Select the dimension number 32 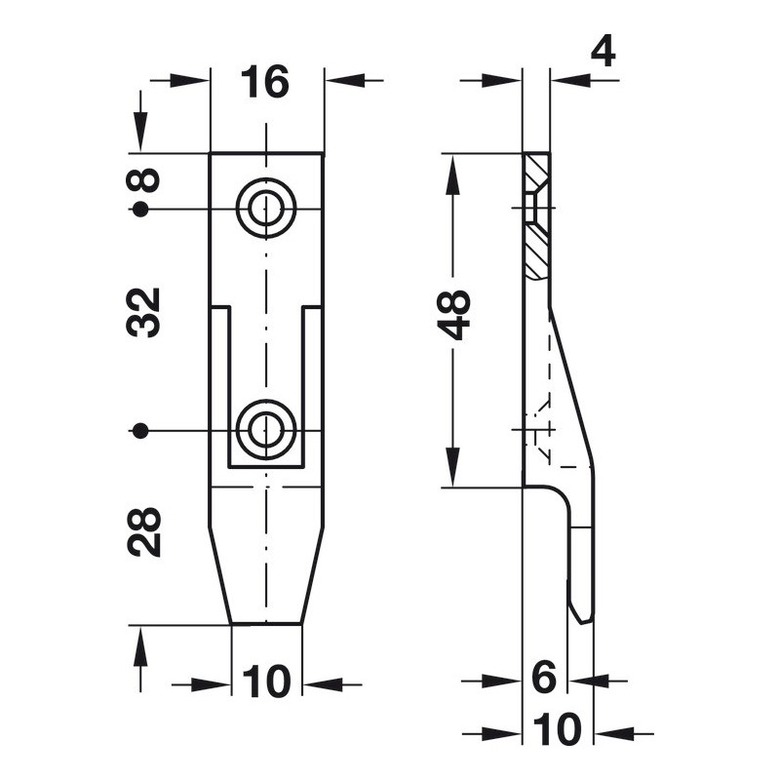(144, 312)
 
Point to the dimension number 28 (144, 532)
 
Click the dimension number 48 (453, 315)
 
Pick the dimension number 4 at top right (603, 53)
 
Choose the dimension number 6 (544, 677)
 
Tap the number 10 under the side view (557, 729)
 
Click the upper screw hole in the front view (266, 208)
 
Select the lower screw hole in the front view (266, 429)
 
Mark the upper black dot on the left (141, 210)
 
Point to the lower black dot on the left (141, 430)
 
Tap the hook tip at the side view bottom (583, 622)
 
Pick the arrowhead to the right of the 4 (570, 80)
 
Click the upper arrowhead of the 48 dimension (453, 174)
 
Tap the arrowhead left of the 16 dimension (189, 80)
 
